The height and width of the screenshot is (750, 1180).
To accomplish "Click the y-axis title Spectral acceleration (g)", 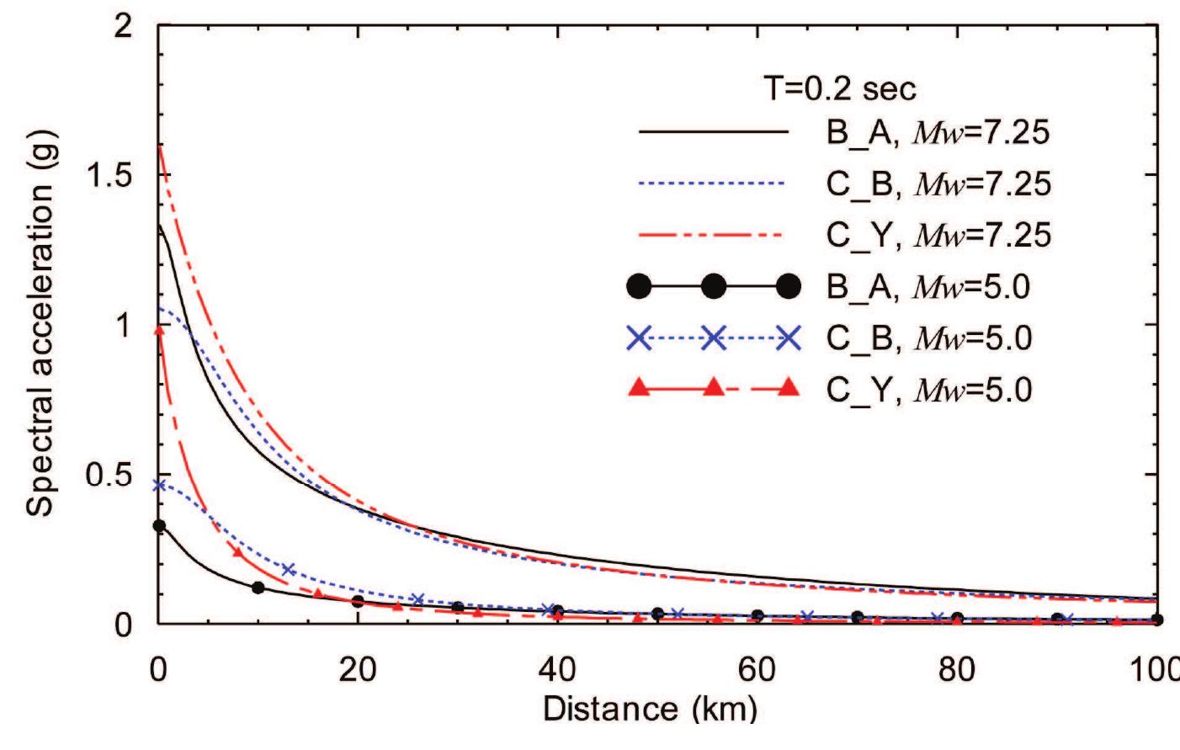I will click(40, 324).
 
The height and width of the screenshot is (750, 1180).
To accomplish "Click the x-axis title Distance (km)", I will click(649, 709).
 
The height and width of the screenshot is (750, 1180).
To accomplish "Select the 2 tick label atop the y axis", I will click(124, 26).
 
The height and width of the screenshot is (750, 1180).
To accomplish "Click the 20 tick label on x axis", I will click(358, 671).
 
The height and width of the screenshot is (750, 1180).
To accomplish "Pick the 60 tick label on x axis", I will click(757, 671).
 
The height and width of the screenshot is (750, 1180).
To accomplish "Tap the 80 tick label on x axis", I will click(956, 671).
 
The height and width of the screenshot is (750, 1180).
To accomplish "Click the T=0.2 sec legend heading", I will click(839, 88).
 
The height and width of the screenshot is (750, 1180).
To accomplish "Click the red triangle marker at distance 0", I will click(158, 330).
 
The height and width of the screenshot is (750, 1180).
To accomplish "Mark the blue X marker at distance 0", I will click(158, 485).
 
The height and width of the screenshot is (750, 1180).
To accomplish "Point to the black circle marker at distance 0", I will click(158, 526).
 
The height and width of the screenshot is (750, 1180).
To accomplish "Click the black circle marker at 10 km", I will click(258, 588).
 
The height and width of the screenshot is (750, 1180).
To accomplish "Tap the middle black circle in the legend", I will click(714, 287).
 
